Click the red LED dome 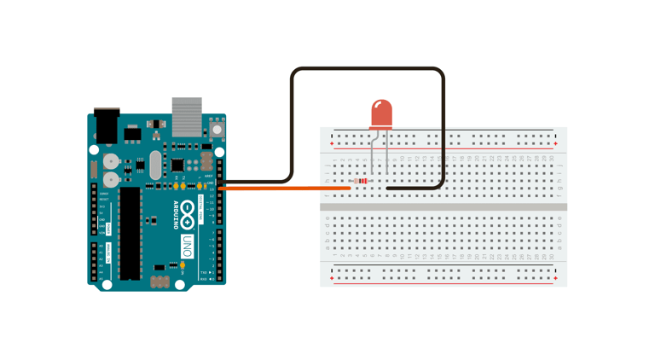[381, 114]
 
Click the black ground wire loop [368, 70]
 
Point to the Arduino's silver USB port [187, 116]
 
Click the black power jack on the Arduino [105, 125]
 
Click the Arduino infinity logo [186, 214]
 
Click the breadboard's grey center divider [443, 206]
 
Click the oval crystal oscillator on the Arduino [155, 165]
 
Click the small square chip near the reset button [177, 165]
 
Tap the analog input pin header [94, 263]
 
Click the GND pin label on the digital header [210, 183]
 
